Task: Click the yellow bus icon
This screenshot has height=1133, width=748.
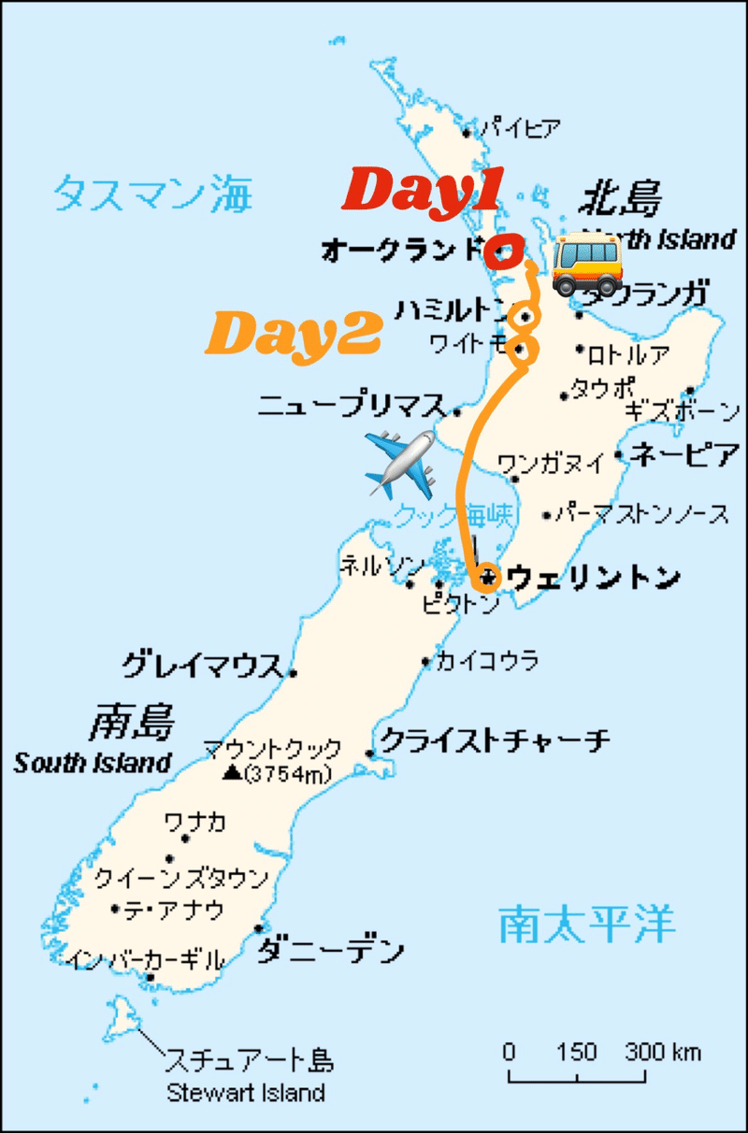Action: coord(586,265)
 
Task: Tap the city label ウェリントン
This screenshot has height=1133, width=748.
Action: coord(593,579)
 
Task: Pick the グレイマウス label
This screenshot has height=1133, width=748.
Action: coord(202,666)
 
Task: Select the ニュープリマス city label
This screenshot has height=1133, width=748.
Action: coord(352,406)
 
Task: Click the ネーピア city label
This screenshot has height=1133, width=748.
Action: coord(685,455)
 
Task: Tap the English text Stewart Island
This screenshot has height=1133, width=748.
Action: coord(246,1092)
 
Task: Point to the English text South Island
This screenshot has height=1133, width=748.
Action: coord(93,763)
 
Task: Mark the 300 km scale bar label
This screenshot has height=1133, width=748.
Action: coord(663,1052)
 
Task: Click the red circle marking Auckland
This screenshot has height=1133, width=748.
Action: coord(504,252)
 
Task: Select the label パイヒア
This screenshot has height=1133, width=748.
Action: coord(522,129)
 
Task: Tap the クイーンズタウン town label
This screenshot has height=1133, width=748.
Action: coord(181,879)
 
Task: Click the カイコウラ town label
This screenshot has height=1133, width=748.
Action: coord(487,662)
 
